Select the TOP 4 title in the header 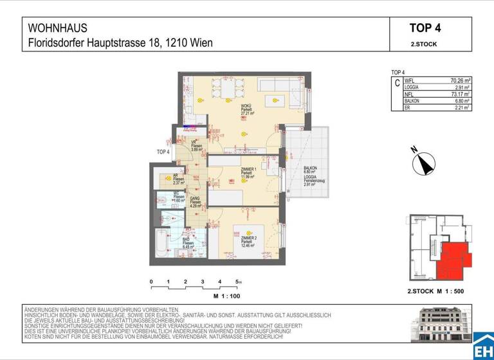click(425, 28)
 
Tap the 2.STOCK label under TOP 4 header click(425, 44)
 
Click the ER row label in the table click(407, 108)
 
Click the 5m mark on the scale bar click(238, 282)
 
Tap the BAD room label click(185, 239)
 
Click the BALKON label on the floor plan click(310, 168)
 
